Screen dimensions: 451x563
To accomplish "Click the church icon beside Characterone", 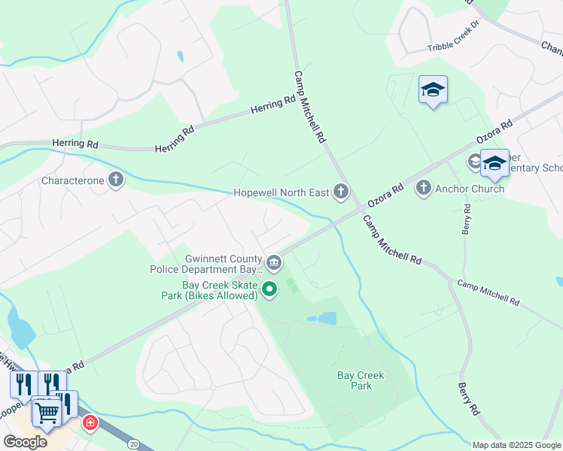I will pos(115,180).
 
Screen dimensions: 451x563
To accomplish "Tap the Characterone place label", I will pos(73,180).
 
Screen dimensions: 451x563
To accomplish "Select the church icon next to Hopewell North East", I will pos(341,192).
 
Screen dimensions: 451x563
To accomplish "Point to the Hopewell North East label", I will pos(281,192).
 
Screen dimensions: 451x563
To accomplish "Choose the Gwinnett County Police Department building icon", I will pos(274,263).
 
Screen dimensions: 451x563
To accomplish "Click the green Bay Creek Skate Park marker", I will pos(269,288).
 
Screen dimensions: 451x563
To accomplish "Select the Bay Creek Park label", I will pos(361,380).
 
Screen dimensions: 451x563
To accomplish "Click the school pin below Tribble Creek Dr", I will pos(433,91).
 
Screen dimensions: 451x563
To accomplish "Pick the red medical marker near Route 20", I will pos(90,423).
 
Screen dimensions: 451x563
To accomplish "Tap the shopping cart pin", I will pos(47,412).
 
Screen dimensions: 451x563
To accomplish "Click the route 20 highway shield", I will pos(133,444).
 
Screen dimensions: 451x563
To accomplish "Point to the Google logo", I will pos(26,442).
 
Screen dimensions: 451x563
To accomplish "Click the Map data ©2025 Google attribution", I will pos(516,445).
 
